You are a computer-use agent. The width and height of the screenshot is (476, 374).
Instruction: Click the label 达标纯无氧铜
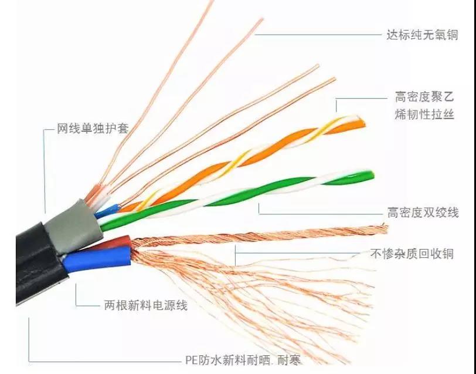point(422,35)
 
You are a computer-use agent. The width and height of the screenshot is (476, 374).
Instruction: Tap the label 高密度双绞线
point(423,212)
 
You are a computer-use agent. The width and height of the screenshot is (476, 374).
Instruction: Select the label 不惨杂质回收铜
point(412,254)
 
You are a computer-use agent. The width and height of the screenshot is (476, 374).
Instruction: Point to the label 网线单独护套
point(93,128)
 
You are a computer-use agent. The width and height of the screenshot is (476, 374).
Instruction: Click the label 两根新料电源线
point(146,305)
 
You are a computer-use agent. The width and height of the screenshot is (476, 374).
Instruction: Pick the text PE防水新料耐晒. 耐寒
point(243,360)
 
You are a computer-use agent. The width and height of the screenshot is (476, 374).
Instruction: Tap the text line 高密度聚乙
point(424,97)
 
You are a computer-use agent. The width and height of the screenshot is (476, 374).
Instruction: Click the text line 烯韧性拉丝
point(424,114)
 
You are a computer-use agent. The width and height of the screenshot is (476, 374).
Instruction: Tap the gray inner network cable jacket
point(74,226)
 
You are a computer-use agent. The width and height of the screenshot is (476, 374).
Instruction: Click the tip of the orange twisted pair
point(363,124)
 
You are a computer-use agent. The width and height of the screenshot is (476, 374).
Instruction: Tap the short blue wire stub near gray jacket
point(107,211)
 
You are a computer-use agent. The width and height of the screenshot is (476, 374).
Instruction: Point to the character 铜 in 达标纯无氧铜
point(452,35)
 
